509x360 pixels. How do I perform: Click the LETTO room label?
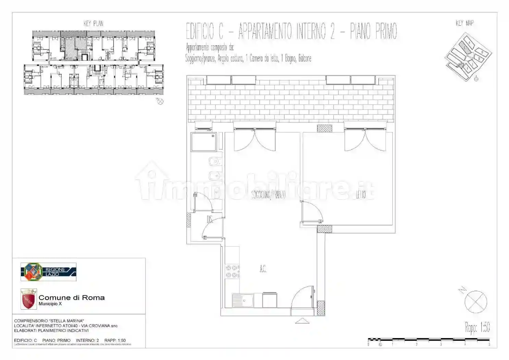click(361, 195)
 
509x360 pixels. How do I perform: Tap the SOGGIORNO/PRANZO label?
click(268, 195)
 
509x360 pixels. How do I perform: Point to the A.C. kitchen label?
click(263, 269)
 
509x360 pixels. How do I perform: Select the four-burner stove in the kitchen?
click(232, 271)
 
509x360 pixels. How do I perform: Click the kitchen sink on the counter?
click(243, 301)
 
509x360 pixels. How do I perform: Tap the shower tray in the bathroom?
click(204, 142)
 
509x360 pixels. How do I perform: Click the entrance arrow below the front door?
click(302, 321)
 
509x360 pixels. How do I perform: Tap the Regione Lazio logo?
click(48, 272)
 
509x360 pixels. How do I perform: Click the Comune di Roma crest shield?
click(28, 299)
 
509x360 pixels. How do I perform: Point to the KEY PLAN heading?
click(93, 23)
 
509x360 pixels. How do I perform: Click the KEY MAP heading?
click(464, 23)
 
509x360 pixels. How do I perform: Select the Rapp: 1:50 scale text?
click(477, 327)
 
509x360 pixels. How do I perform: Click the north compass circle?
click(476, 302)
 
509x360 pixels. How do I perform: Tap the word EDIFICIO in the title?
click(204, 32)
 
